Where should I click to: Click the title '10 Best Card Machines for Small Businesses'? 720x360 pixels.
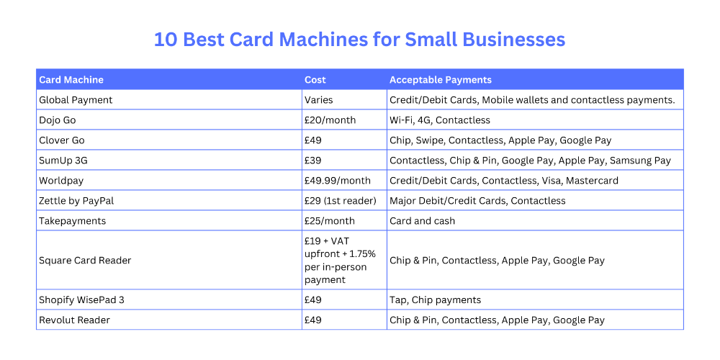pyautogui.click(x=359, y=39)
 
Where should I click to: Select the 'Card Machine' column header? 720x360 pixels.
pyautogui.click(x=71, y=80)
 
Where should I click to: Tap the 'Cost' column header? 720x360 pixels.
pyautogui.click(x=315, y=80)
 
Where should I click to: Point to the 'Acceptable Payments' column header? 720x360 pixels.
pyautogui.click(x=441, y=80)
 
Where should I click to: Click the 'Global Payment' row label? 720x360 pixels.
pyautogui.click(x=76, y=100)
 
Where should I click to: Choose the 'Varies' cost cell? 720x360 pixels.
pyautogui.click(x=319, y=100)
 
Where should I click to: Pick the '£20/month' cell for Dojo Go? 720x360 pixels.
pyautogui.click(x=330, y=120)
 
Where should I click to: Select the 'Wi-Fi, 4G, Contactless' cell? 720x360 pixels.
pyautogui.click(x=440, y=120)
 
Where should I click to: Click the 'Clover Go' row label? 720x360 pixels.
pyautogui.click(x=62, y=140)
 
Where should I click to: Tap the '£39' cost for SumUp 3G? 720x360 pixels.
pyautogui.click(x=312, y=161)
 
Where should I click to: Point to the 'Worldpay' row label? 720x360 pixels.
pyautogui.click(x=61, y=181)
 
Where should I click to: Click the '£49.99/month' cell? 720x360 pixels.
pyautogui.click(x=338, y=181)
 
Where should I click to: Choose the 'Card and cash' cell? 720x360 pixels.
pyautogui.click(x=423, y=221)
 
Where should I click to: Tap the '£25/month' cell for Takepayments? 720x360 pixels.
pyautogui.click(x=330, y=221)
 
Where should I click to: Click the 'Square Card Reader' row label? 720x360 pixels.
pyautogui.click(x=85, y=261)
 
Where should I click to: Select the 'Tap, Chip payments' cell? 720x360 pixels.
pyautogui.click(x=435, y=300)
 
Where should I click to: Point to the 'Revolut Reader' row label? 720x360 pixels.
pyautogui.click(x=74, y=320)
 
